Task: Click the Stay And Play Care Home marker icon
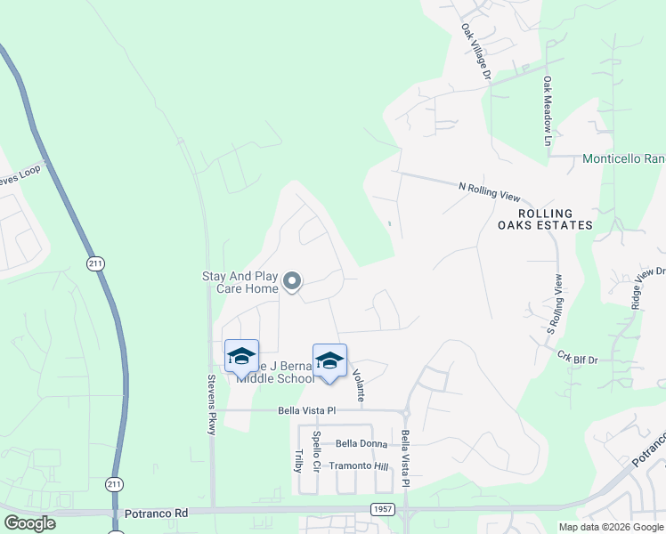coord(292,283)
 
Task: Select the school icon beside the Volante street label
coord(329,360)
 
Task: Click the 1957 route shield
coord(382,507)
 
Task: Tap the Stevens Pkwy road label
coord(211,414)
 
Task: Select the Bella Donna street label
coord(361,443)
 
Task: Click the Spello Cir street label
coord(316,450)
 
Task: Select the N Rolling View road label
coord(488,189)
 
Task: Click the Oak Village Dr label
coord(475,53)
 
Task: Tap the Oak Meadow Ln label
coord(548,110)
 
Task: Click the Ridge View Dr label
coord(647,287)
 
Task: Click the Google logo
coord(30,523)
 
